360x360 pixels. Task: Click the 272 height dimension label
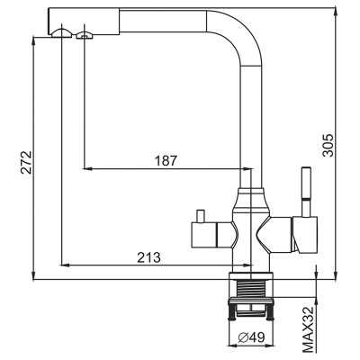click(x=26, y=162)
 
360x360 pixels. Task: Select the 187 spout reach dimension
click(x=166, y=161)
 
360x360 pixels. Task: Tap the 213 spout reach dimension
click(x=149, y=257)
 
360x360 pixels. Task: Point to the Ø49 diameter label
click(x=251, y=338)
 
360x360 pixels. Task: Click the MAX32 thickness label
click(x=309, y=328)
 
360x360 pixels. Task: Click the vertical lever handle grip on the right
click(x=306, y=183)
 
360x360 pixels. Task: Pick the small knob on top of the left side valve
click(x=200, y=216)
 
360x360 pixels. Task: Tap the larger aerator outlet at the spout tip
click(x=61, y=32)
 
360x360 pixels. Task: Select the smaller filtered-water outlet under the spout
click(x=85, y=36)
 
